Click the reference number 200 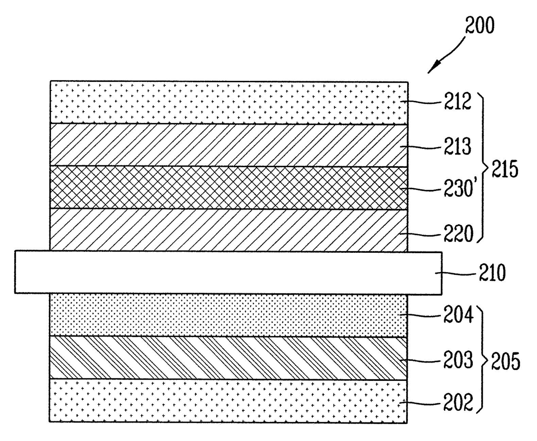479,26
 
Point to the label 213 457,147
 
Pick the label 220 458,235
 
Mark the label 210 492,273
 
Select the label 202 458,403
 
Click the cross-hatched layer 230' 229,188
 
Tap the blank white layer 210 229,273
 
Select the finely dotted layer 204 229,315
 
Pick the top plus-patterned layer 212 229,102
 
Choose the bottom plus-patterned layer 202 229,401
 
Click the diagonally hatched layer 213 229,145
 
